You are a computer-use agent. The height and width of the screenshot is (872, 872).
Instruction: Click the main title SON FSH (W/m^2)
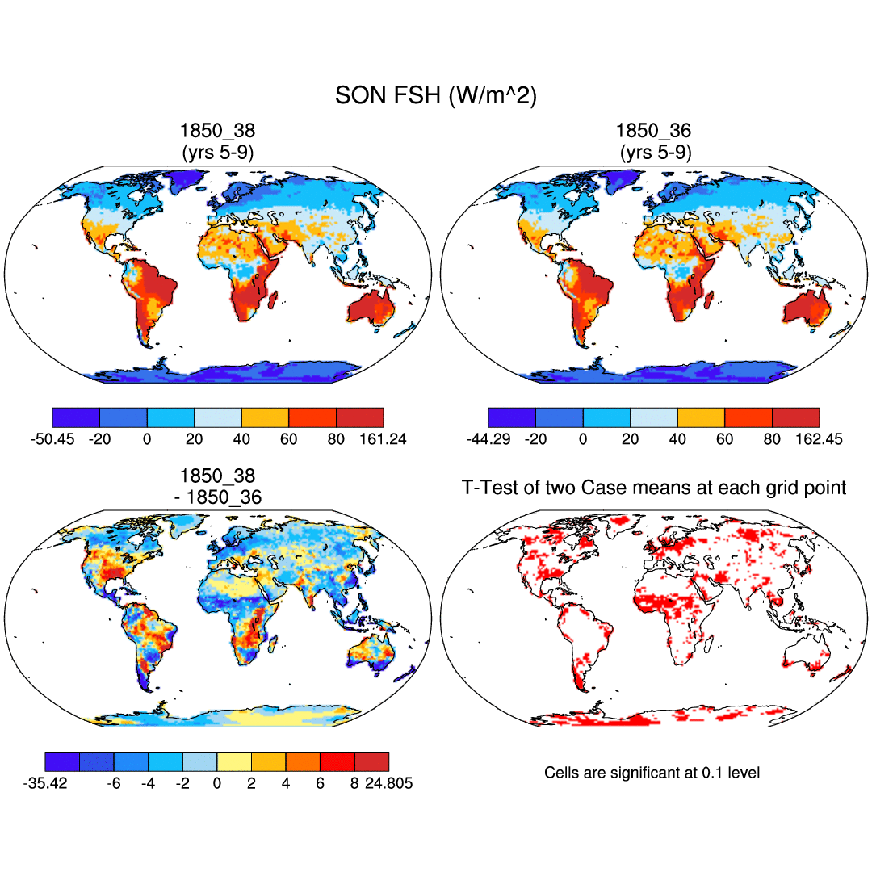435,96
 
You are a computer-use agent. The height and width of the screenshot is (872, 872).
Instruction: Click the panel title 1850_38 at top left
217,131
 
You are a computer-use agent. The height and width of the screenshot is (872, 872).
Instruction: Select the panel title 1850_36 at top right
653,131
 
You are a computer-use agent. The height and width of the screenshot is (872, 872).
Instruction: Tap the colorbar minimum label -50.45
52,439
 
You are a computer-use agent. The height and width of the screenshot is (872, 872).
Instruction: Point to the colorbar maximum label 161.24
382,439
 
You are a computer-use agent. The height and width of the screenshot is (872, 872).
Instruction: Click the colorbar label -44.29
488,439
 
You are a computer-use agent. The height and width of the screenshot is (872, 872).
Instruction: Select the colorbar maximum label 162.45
819,439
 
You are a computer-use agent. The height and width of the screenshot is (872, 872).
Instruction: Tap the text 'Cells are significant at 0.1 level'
652,773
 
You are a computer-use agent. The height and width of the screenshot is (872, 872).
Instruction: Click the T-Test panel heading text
653,488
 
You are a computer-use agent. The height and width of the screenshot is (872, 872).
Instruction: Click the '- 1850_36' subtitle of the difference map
217,497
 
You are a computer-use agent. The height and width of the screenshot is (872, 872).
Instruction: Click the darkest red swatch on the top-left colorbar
359,417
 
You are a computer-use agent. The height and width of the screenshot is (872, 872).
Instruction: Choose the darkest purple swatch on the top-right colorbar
512,417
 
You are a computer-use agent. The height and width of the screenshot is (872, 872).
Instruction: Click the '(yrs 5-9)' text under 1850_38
217,152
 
